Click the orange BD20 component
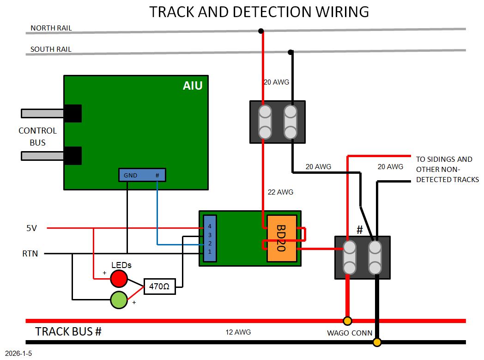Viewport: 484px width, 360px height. [x=282, y=238]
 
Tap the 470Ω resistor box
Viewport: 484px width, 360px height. [x=160, y=287]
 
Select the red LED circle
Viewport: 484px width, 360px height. [x=119, y=278]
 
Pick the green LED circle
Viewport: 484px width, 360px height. [x=119, y=300]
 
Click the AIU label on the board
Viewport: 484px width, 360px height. [x=193, y=85]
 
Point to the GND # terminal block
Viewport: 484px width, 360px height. [x=142, y=175]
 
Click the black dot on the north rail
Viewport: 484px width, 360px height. [x=261, y=31]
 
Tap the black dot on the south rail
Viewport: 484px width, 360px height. [x=290, y=52]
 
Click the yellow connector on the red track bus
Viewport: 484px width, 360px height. [x=347, y=321]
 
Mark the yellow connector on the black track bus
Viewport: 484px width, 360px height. [x=377, y=342]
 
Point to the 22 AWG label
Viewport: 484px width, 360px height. [x=280, y=192]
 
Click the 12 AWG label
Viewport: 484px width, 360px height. [x=238, y=332]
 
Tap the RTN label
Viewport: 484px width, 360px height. [x=30, y=254]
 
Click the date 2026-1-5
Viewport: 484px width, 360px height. [x=19, y=354]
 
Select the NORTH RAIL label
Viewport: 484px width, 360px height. [x=51, y=28]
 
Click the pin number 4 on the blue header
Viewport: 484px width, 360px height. [x=210, y=226]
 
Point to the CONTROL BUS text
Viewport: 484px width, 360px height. [x=37, y=137]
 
